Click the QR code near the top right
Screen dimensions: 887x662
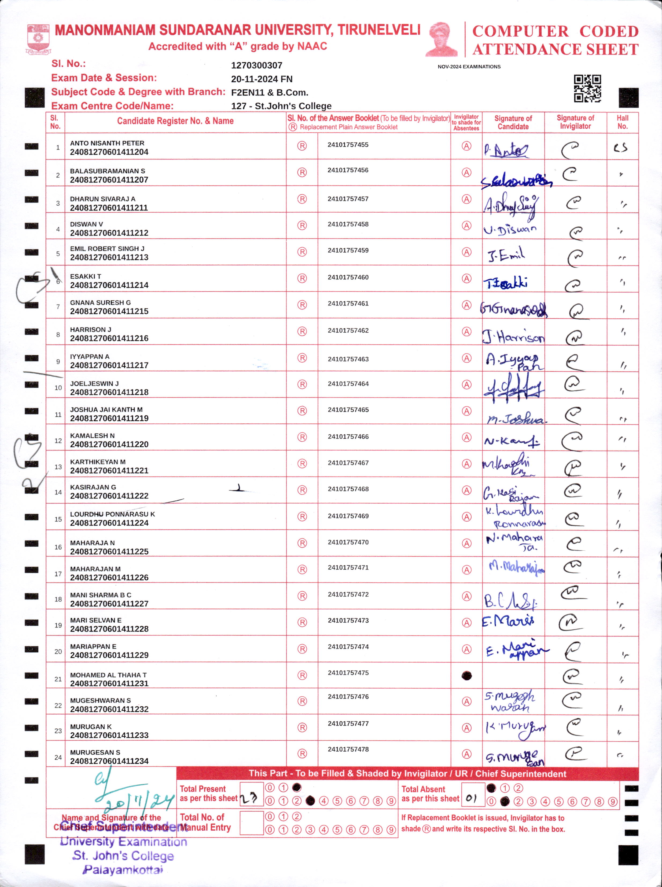click(587, 89)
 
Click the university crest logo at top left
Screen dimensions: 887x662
click(38, 39)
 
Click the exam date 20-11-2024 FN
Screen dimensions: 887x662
click(262, 79)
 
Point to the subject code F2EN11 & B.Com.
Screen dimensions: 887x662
click(269, 93)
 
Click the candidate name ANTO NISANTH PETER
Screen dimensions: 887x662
click(107, 143)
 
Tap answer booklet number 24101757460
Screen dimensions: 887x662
click(348, 277)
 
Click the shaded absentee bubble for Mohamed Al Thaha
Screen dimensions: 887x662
click(466, 676)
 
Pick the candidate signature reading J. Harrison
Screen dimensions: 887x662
click(513, 337)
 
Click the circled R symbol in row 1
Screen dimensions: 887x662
click(302, 146)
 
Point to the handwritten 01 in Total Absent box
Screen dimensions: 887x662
click(472, 798)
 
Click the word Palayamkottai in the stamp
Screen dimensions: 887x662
click(123, 870)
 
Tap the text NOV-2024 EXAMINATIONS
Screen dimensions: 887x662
click(469, 67)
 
